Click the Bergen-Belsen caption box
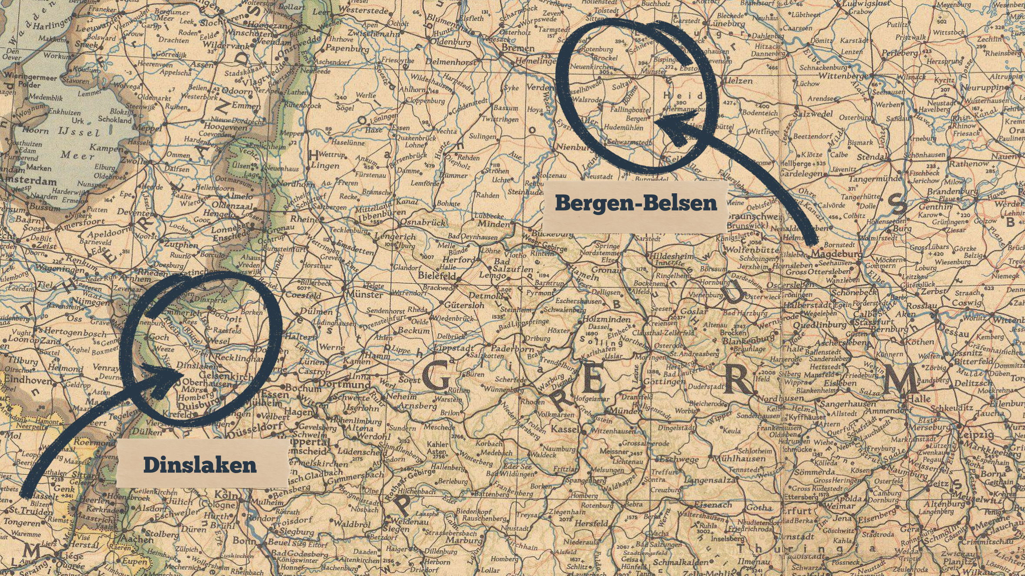pyautogui.click(x=636, y=203)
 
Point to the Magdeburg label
pyautogui.click(x=835, y=253)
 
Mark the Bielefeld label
pyautogui.click(x=436, y=276)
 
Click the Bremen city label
pyautogui.click(x=517, y=48)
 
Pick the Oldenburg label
pyautogui.click(x=450, y=42)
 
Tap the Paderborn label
pyautogui.click(x=512, y=349)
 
